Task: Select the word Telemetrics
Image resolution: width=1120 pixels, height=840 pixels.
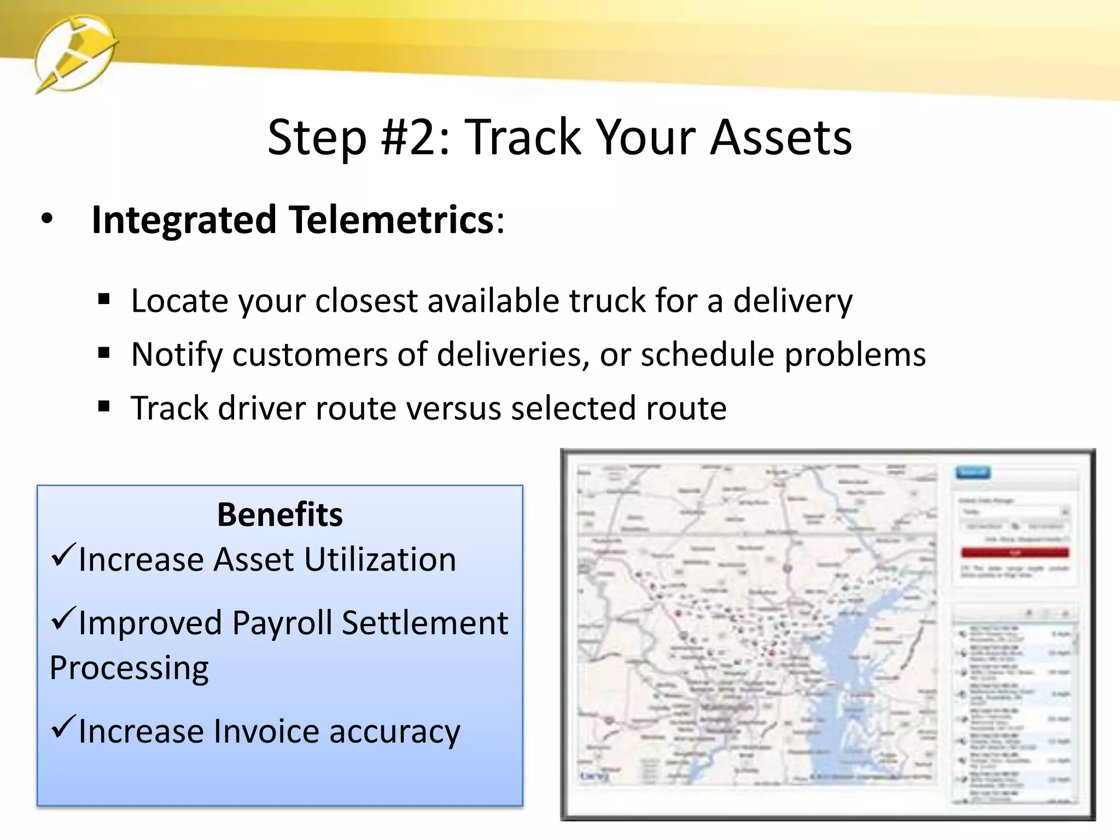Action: tap(392, 220)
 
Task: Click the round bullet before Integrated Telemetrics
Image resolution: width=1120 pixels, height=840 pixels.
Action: tap(47, 219)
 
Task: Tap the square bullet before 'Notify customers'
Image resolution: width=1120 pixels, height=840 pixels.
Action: tap(104, 354)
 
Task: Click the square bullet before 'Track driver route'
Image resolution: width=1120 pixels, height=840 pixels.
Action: tap(104, 407)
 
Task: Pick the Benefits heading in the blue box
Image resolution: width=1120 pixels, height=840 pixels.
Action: tap(279, 515)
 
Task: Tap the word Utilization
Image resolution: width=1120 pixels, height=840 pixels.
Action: tap(380, 559)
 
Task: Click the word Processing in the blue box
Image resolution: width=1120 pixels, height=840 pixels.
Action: tap(129, 668)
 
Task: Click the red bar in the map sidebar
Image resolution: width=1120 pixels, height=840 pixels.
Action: tap(1014, 553)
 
